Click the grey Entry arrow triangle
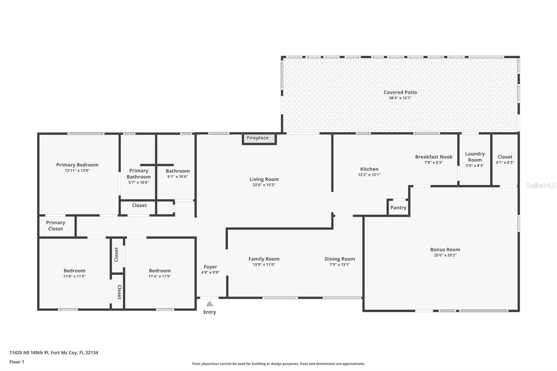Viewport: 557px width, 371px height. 210,303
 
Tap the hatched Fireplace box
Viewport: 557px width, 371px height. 259,139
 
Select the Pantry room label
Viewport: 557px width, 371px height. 398,208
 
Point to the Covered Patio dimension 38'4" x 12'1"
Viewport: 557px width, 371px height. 400,98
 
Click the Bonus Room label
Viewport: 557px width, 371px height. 445,250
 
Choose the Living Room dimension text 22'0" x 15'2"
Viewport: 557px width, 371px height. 264,185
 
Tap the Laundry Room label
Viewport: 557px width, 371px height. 475,157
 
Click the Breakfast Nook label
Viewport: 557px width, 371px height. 434,157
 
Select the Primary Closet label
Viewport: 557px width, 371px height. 55,226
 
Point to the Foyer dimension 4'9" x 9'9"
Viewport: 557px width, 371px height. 210,273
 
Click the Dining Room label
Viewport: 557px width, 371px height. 340,259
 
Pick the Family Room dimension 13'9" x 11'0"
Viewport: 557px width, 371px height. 264,265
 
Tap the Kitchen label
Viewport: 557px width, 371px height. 369,169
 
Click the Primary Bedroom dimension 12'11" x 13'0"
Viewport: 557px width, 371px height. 77,171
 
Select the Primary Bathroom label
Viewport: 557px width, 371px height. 139,174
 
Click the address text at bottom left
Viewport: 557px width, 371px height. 54,353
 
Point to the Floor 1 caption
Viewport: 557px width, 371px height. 17,362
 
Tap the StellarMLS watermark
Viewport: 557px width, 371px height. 541,185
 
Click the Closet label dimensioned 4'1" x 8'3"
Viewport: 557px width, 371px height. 505,157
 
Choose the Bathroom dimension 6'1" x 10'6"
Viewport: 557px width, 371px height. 178,177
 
